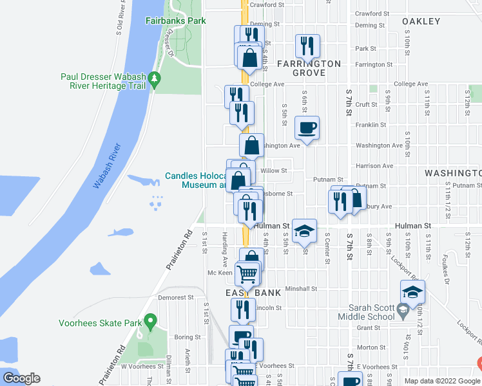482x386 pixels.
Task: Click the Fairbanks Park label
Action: pos(175,21)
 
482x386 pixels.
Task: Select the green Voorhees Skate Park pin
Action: pos(151,319)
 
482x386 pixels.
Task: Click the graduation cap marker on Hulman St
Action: pos(304,230)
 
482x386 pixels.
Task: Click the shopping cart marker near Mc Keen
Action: pos(247,274)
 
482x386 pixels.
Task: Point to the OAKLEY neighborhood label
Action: pos(421,21)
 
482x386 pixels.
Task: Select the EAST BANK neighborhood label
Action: pos(253,293)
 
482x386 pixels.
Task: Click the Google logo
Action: pos(21,378)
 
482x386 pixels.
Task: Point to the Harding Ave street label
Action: pos(225,250)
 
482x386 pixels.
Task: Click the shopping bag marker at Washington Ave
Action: pos(251,145)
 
